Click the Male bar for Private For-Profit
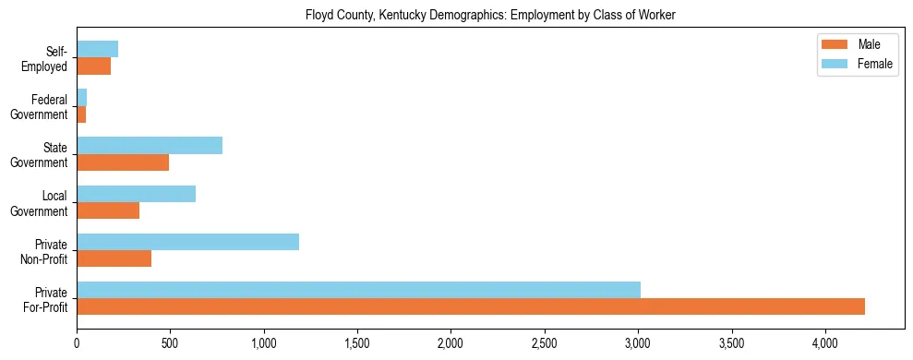(x=471, y=306)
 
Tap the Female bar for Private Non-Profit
(x=187, y=242)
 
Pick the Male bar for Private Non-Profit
(x=114, y=258)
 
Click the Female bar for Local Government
(x=136, y=194)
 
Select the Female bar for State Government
(x=150, y=146)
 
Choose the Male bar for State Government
(x=123, y=162)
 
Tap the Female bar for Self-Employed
(x=97, y=50)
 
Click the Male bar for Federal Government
(x=81, y=114)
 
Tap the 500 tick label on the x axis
(x=170, y=342)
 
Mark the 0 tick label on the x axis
(x=77, y=342)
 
